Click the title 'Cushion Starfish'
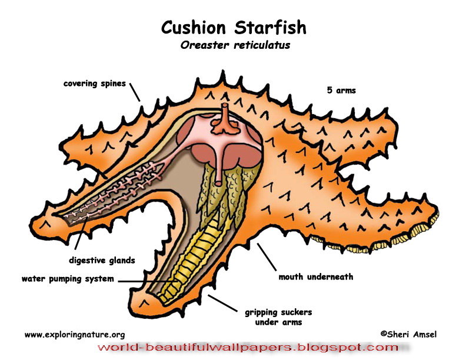coord(234,28)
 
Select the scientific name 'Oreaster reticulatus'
coord(235,45)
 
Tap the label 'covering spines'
coord(94,84)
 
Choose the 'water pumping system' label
coord(68,279)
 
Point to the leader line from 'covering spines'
coord(135,92)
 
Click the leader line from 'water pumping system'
coord(147,281)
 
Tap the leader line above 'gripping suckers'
coord(222,301)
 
